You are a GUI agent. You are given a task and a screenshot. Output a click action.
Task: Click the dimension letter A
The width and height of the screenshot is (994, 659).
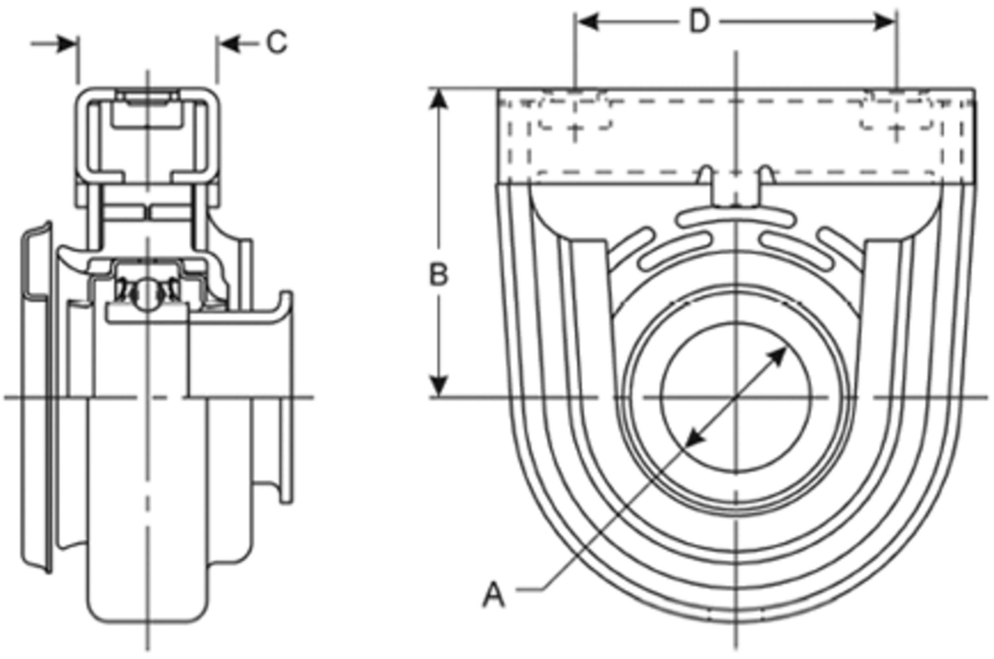pyautogui.click(x=493, y=594)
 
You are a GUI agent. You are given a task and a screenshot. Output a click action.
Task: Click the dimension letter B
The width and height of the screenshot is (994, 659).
pyautogui.click(x=439, y=275)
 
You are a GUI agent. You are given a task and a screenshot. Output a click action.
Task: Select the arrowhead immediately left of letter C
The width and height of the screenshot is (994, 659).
pyautogui.click(x=229, y=43)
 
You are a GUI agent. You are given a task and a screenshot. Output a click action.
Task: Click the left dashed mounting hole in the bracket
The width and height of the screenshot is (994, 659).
pyautogui.click(x=575, y=114)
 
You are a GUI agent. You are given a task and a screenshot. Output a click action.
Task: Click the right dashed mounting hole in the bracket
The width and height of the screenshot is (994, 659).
pyautogui.click(x=897, y=114)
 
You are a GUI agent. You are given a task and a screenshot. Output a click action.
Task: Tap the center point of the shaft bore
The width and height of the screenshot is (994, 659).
pyautogui.click(x=736, y=397)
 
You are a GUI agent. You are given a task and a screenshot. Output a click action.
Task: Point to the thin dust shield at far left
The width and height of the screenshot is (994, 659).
pyautogui.click(x=36, y=395)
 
